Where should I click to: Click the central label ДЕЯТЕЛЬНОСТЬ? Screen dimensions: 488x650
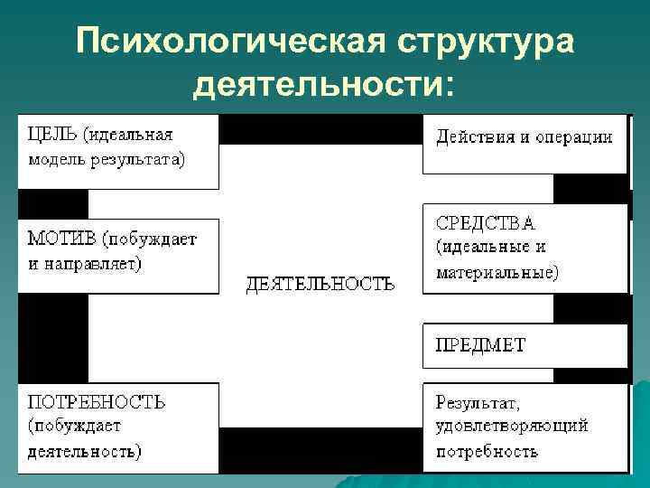click(320, 284)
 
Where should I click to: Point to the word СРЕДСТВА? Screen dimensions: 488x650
click(485, 222)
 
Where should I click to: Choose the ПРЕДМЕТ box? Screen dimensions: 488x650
click(480, 345)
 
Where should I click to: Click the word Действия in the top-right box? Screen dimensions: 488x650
click(473, 138)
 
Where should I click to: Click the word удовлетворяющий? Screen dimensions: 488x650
click(512, 425)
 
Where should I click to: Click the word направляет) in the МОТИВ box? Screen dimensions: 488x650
click(98, 264)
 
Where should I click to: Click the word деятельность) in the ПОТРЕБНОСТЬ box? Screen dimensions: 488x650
click(84, 449)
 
